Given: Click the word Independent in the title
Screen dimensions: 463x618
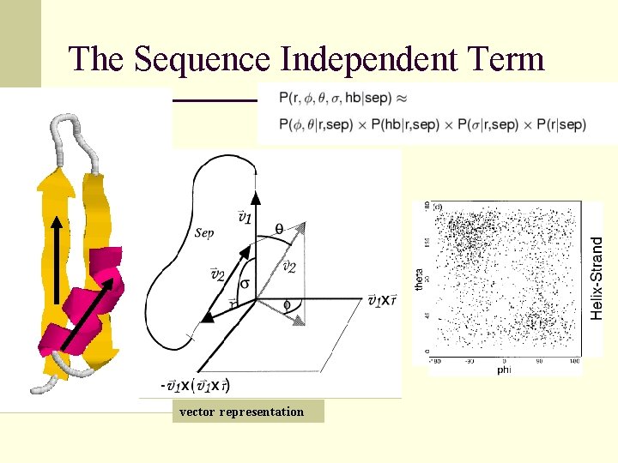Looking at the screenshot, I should coord(367,59).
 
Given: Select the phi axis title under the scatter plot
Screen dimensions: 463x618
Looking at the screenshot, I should coord(504,370).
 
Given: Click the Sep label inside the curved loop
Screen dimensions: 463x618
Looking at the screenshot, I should coord(204,232).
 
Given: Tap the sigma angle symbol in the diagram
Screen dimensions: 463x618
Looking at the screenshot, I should coord(245,283).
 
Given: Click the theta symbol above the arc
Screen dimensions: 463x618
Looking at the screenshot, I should coord(279,228).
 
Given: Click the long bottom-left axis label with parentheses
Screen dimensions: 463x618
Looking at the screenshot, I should coord(196,386).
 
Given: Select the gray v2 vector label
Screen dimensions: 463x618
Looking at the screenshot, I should coord(290,268).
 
